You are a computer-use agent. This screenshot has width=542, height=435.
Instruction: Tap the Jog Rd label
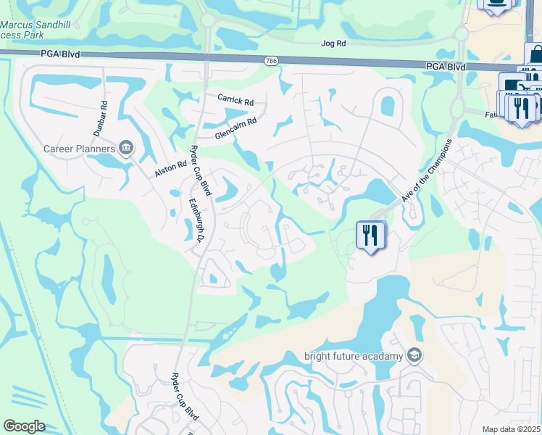point(333,43)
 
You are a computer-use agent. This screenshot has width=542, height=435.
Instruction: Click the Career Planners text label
point(79,149)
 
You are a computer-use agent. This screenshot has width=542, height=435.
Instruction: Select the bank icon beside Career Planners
point(126,149)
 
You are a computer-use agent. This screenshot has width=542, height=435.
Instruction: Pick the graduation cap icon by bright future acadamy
point(414,355)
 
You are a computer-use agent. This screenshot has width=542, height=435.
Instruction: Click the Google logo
point(24,426)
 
